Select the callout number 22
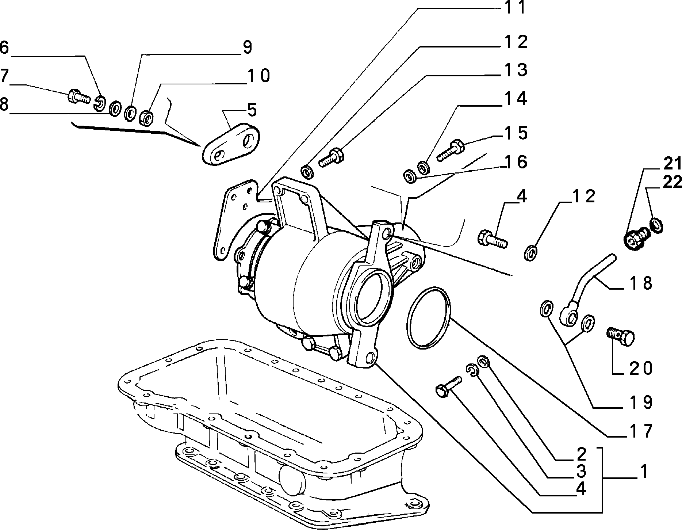672,182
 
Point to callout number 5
252,110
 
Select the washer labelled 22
657,225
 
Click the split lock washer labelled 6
99,103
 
